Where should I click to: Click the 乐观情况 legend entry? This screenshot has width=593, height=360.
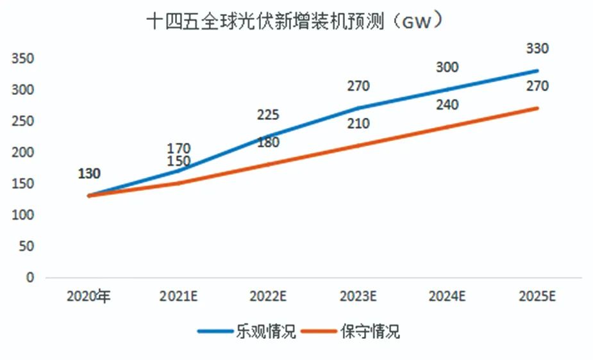(246, 332)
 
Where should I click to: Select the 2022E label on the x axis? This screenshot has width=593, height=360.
(267, 297)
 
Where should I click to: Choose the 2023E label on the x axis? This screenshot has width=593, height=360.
(357, 297)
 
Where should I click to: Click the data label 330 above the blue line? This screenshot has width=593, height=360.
(537, 49)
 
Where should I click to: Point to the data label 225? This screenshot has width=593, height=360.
(267, 115)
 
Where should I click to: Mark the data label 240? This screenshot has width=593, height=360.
(447, 105)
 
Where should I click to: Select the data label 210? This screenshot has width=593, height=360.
(357, 124)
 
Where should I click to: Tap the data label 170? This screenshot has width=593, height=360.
(178, 149)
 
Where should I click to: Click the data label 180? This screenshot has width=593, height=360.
(267, 142)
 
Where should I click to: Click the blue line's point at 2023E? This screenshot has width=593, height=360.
(357, 108)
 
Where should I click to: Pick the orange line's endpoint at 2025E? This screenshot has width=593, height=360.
(537, 108)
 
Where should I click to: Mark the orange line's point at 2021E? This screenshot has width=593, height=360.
(178, 183)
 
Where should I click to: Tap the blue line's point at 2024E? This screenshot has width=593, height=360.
(447, 90)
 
